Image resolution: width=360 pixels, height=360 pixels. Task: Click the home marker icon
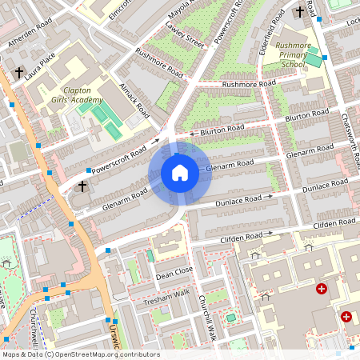click(180, 173)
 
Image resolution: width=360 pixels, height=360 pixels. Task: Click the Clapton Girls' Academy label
click(78, 95)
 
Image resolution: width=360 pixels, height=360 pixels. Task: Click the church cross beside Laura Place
click(19, 73)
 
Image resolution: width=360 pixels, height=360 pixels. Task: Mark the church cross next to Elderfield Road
click(301, 12)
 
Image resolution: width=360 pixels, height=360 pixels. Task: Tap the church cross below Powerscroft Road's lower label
click(82, 186)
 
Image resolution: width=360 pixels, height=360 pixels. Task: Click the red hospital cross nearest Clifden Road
click(322, 288)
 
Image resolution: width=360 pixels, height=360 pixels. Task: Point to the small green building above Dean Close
click(150, 256)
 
